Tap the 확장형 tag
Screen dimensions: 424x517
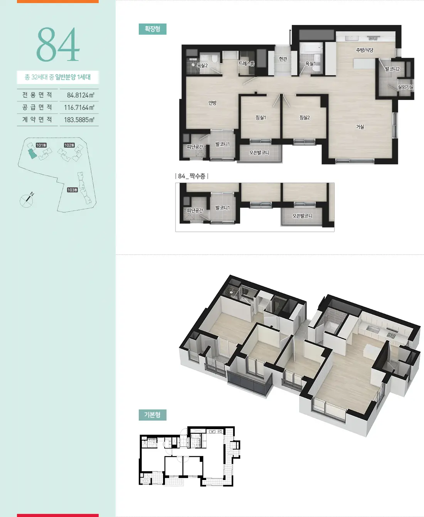pos(152,29)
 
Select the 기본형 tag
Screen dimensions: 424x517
pos(152,415)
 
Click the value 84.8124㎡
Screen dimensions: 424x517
pos(81,95)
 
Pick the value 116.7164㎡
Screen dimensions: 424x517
pos(79,108)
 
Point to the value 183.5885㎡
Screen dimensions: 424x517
pos(79,120)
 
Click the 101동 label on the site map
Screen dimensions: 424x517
pos(41,145)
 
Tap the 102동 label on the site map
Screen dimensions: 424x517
pos(69,145)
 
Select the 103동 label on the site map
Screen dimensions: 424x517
pos(72,190)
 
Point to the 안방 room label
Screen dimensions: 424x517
pos(212,103)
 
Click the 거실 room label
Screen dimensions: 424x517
pos(360,127)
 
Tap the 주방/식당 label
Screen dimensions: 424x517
pos(364,50)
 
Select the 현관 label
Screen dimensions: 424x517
pos(283,59)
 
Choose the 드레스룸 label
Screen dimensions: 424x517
pos(247,64)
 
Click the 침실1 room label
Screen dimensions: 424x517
pos(261,118)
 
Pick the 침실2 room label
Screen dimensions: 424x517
pos(305,118)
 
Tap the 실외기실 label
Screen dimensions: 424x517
pos(405,87)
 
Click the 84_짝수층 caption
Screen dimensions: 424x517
pos(192,176)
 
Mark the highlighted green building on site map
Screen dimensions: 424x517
pos(32,154)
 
